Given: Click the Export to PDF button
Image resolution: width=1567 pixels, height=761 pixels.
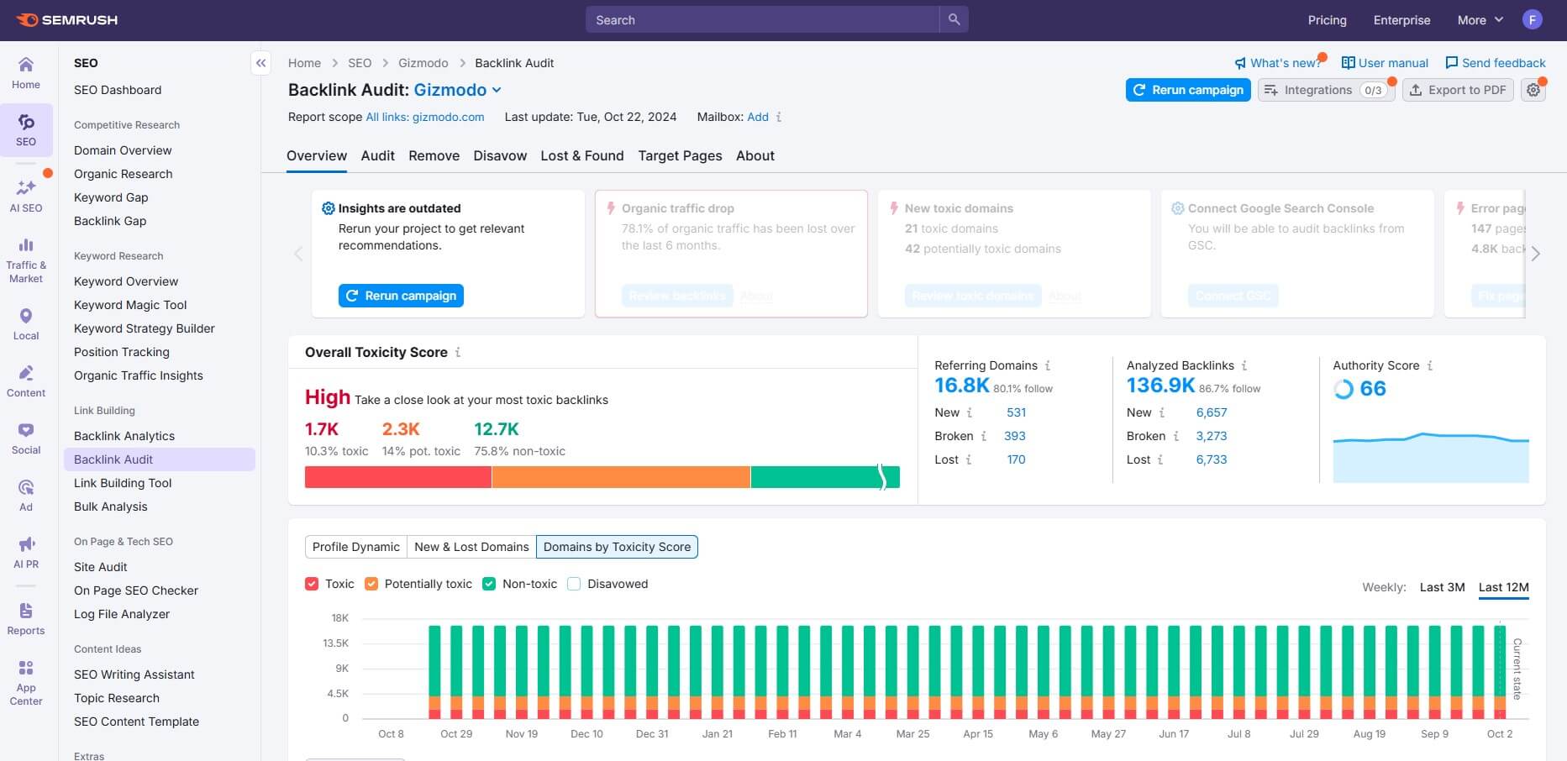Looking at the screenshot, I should (x=1458, y=90).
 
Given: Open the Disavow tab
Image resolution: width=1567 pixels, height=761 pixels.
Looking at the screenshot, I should (x=500, y=155).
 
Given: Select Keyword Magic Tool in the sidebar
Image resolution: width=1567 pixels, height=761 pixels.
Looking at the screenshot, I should (x=130, y=305).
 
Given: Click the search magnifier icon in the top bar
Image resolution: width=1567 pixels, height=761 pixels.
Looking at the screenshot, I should (x=954, y=19).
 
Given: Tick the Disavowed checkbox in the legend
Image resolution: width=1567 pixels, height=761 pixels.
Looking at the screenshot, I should (x=575, y=584).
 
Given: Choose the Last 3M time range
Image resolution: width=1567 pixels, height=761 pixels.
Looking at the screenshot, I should (x=1442, y=587).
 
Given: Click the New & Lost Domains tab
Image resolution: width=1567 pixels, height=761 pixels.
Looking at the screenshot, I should (x=471, y=547).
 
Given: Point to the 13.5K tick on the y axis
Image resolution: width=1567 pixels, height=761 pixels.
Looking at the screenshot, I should (x=336, y=643).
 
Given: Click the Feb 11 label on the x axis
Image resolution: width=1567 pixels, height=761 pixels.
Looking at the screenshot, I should (x=782, y=733).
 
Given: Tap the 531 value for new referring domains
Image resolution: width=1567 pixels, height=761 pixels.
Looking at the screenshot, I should (x=1016, y=412).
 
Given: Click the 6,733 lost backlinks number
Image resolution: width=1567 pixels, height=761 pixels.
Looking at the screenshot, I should (x=1211, y=459).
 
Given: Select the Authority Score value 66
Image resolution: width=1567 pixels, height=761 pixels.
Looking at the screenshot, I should (x=1372, y=389).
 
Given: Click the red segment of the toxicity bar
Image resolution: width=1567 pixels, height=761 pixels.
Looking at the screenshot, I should (x=397, y=477).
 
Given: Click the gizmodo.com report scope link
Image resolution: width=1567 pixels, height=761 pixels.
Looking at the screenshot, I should (x=425, y=117).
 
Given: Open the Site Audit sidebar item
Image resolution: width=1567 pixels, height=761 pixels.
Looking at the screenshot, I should (x=101, y=567).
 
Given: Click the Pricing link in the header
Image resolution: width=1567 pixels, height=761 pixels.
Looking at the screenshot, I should (x=1327, y=20).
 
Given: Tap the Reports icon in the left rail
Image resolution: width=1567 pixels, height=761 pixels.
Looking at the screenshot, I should (x=26, y=619).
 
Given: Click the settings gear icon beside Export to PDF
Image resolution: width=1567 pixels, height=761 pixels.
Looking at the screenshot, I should (x=1533, y=90).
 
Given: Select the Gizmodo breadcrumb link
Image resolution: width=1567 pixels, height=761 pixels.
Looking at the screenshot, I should (x=423, y=63).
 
